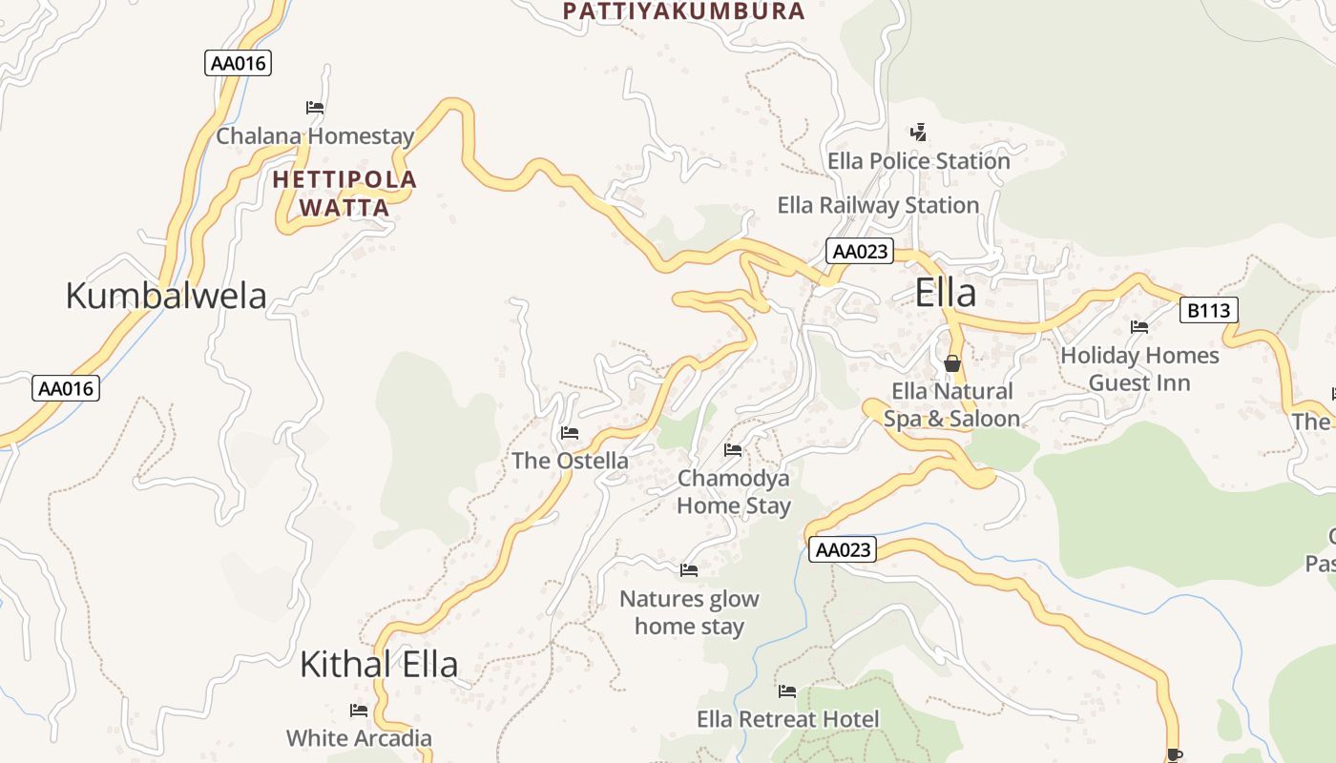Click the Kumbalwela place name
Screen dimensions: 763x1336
tap(166, 296)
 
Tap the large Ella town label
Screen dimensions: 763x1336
tap(945, 293)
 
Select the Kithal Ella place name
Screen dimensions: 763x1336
tap(379, 664)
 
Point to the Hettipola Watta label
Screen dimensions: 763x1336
tap(344, 194)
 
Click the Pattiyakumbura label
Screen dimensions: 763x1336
tap(683, 11)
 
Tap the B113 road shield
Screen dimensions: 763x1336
tap(1209, 310)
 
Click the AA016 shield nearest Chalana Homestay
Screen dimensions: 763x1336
tap(238, 64)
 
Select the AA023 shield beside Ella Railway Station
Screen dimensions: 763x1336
tap(860, 252)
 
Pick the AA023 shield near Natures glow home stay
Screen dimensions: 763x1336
tap(843, 549)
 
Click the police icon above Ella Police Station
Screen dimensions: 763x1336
tap(918, 132)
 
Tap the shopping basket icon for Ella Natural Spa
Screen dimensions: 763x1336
tap(951, 363)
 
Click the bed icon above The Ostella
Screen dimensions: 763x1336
tap(570, 433)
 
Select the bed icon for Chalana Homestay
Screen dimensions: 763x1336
tap(315, 108)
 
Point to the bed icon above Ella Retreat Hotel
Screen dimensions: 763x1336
tap(787, 691)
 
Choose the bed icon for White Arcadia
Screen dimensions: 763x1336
tap(359, 711)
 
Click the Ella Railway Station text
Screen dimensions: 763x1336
tap(878, 205)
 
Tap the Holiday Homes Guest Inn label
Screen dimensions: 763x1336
tap(1139, 369)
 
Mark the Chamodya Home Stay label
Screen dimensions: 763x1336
tap(733, 491)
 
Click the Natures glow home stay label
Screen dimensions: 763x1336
tap(689, 612)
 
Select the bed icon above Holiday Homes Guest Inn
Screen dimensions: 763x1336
tap(1139, 327)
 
